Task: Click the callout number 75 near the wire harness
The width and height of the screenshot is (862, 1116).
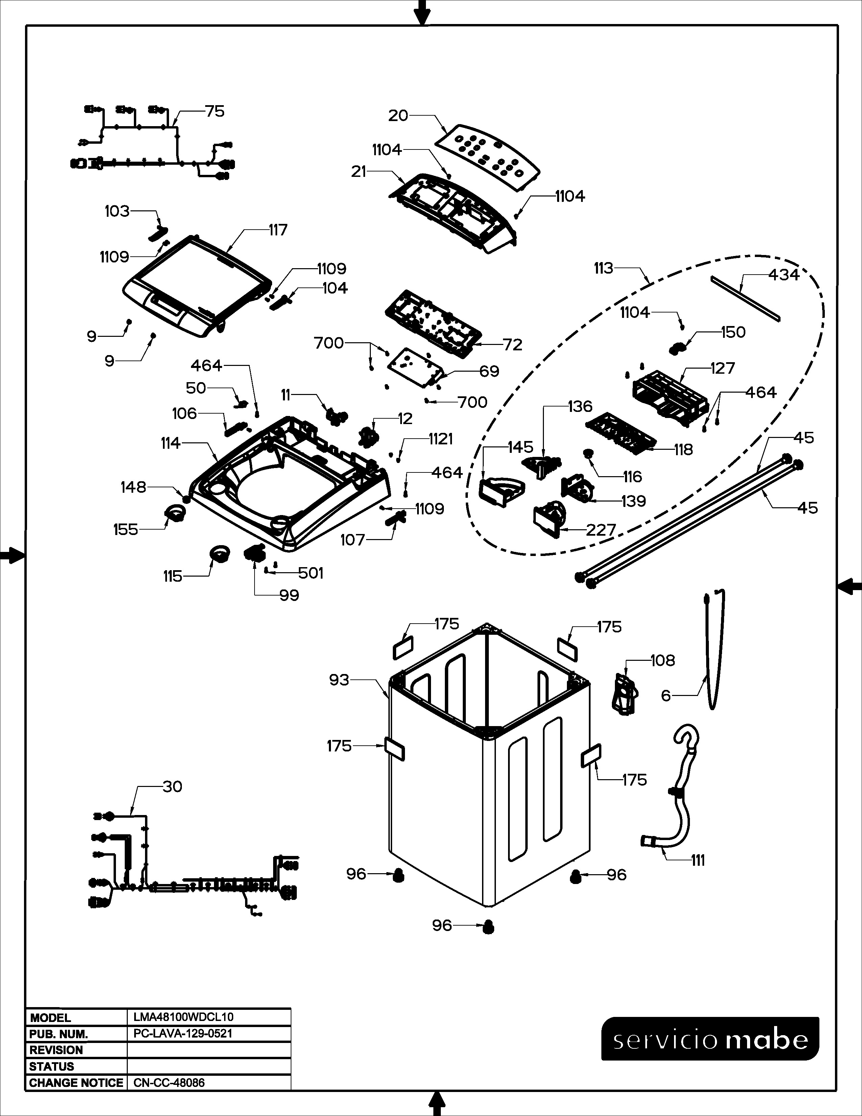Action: (x=214, y=111)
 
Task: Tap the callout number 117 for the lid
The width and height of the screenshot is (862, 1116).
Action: (x=278, y=230)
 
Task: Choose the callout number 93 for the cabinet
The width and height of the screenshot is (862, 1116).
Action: (x=339, y=680)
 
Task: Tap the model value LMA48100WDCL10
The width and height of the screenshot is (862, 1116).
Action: (x=183, y=1017)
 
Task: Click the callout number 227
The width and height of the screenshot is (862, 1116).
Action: (x=601, y=530)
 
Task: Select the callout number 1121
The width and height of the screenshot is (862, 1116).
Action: (x=441, y=439)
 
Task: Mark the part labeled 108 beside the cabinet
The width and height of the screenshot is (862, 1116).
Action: (x=624, y=693)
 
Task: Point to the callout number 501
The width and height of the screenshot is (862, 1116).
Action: (x=311, y=573)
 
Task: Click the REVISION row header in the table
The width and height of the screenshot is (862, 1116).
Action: (x=56, y=1050)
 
